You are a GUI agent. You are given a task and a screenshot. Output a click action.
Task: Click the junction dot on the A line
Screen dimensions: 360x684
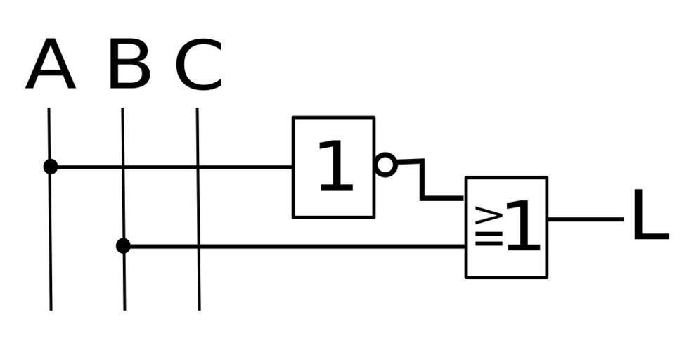pos(50,167)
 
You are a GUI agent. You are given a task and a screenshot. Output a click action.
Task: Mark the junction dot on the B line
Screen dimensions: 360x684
pos(123,246)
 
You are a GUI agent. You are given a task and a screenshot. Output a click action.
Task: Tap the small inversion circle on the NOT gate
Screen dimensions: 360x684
pos(386,165)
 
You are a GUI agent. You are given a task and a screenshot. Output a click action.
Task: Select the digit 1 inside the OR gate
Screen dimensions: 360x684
pos(522,226)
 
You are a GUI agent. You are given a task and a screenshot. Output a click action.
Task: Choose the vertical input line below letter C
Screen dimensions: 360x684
pos(198,281)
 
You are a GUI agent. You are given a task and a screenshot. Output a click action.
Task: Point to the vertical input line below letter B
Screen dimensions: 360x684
pos(124,288)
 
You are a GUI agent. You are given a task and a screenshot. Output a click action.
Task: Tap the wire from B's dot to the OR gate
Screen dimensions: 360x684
pos(316,246)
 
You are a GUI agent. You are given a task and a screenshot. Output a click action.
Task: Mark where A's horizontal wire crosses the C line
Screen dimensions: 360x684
pos(198,167)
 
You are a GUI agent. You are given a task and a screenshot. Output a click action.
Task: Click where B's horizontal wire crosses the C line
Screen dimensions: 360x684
pos(198,246)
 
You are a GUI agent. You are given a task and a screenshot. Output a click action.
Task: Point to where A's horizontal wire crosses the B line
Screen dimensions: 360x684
pos(123,167)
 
